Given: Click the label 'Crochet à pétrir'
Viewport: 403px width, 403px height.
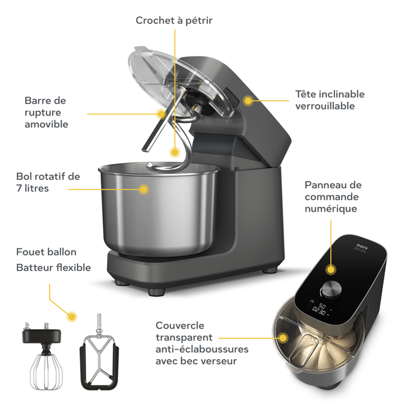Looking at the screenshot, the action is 174,21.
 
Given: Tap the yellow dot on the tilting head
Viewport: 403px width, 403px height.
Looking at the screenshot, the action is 248,101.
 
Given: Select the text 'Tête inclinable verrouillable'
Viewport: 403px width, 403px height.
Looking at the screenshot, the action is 330,100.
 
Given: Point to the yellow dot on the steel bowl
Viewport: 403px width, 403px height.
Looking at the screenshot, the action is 144,189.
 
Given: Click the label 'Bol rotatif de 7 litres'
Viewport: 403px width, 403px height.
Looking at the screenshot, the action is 48,182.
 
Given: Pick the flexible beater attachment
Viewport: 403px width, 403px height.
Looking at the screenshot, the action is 99,353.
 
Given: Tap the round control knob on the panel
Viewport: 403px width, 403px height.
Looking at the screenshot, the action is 331,289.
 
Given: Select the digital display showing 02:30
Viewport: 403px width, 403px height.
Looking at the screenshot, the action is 319,312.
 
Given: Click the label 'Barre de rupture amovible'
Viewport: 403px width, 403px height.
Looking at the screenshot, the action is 46,113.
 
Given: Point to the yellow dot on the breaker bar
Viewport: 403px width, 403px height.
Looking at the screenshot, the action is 162,114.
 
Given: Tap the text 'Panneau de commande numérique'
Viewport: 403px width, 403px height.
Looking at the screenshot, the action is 333,197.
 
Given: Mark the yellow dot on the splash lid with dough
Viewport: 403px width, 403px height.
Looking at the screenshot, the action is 283,338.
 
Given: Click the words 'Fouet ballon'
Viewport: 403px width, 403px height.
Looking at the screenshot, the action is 46,252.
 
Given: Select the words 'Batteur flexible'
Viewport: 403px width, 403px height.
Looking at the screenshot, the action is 53,268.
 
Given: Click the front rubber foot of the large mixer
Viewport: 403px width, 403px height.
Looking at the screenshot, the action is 156,292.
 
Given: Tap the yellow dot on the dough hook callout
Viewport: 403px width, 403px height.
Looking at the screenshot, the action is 175,152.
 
